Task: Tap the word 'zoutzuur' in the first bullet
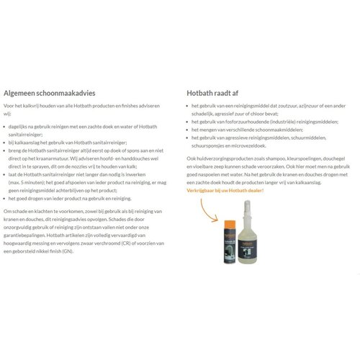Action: [284, 106]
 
